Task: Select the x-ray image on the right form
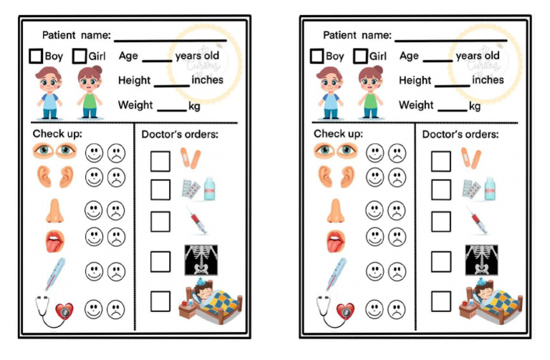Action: tap(481, 259)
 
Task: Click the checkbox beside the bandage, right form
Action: tap(440, 160)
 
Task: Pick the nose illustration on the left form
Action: tap(54, 210)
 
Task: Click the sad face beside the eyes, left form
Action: tap(115, 152)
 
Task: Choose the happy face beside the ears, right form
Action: tap(375, 176)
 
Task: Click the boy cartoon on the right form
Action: tap(330, 92)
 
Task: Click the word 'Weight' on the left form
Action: tap(135, 105)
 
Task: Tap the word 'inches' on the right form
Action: tap(488, 80)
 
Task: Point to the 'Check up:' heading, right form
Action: tap(338, 134)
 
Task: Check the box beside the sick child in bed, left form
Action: tap(160, 301)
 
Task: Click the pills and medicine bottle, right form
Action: tap(479, 189)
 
